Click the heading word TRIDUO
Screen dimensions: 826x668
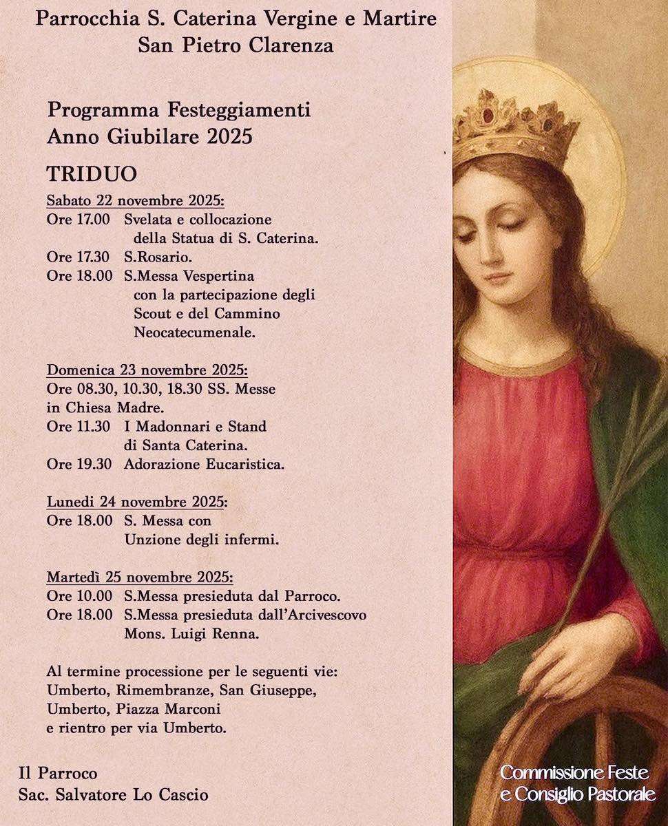click(x=92, y=173)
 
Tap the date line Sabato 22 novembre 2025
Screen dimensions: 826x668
click(x=136, y=201)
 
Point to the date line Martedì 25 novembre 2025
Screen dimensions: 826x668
click(x=140, y=576)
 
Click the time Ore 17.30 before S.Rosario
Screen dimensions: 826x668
click(x=78, y=257)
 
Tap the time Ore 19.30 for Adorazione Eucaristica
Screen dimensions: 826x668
click(x=79, y=464)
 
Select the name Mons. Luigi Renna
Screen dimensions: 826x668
click(x=191, y=634)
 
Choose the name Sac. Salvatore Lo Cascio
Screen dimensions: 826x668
click(x=113, y=795)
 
